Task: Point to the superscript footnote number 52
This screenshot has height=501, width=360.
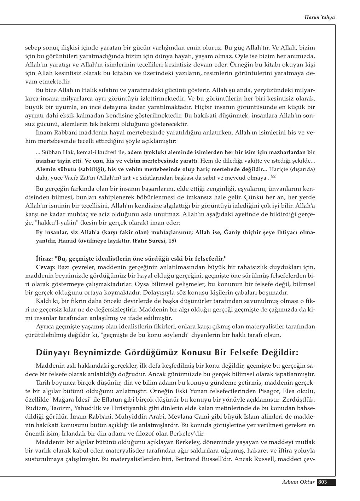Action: pyautogui.click(x=273, y=176)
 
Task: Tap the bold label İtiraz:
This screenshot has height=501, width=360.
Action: pyautogui.click(x=45, y=258)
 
